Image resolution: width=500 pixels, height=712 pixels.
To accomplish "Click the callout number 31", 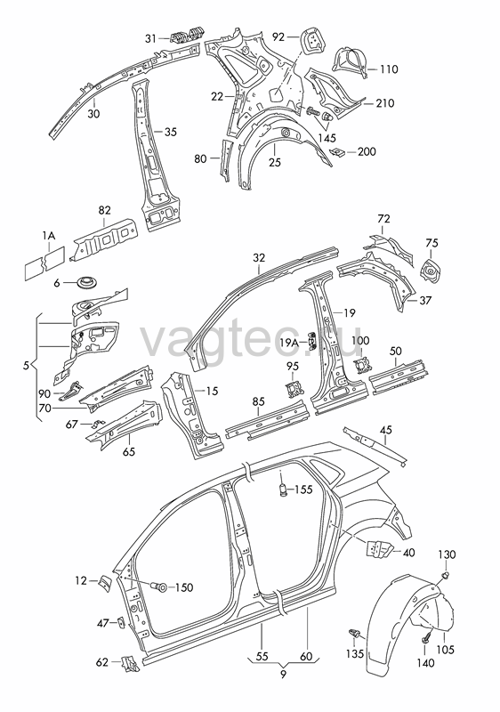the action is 150,38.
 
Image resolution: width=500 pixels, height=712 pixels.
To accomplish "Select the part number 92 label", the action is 278,36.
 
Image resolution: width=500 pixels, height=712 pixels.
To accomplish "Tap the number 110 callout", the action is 389,69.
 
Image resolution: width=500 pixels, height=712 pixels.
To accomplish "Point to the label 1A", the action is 49,235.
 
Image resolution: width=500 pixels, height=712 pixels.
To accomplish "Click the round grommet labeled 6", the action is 85,282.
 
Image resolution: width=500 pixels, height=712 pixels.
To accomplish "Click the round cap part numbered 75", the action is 431,271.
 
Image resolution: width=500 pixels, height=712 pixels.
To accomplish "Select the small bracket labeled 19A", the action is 314,340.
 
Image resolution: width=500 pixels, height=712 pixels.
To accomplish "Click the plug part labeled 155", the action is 282,490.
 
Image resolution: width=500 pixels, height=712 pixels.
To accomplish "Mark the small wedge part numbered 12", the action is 104,583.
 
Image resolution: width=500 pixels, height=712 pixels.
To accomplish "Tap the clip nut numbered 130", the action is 446,576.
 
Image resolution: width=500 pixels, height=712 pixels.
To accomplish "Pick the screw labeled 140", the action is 426,639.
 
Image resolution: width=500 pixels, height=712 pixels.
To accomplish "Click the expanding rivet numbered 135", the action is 356,633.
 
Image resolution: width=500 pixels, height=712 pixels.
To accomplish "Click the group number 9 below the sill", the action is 284,674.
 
